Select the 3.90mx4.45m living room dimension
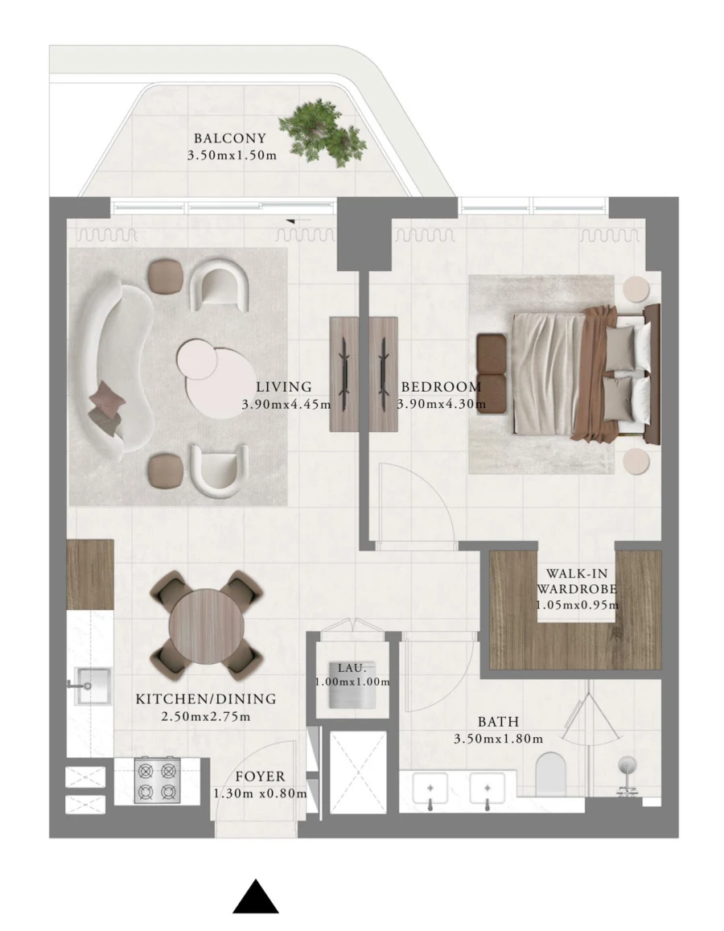(x=286, y=405)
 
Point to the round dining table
(x=206, y=624)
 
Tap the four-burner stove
(x=156, y=780)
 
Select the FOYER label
(x=260, y=777)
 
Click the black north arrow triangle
(x=256, y=897)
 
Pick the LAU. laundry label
(x=352, y=667)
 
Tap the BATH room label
(x=498, y=722)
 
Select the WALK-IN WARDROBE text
(x=576, y=581)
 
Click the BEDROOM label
(x=441, y=387)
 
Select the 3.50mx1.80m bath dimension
(x=498, y=739)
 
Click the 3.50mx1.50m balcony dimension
(x=232, y=155)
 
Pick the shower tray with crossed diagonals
(x=358, y=772)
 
